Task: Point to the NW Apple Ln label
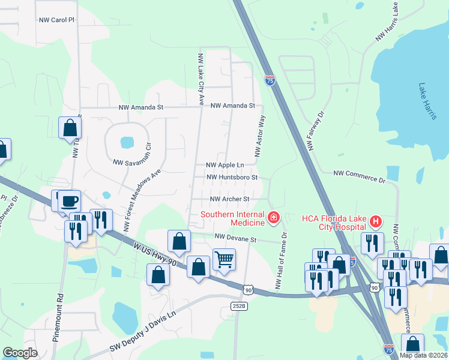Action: [225, 165]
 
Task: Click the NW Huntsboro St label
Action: [232, 178]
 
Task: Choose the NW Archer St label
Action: [229, 199]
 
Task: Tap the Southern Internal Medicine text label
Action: [232, 218]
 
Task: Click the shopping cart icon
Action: [224, 260]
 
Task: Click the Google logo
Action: [20, 352]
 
